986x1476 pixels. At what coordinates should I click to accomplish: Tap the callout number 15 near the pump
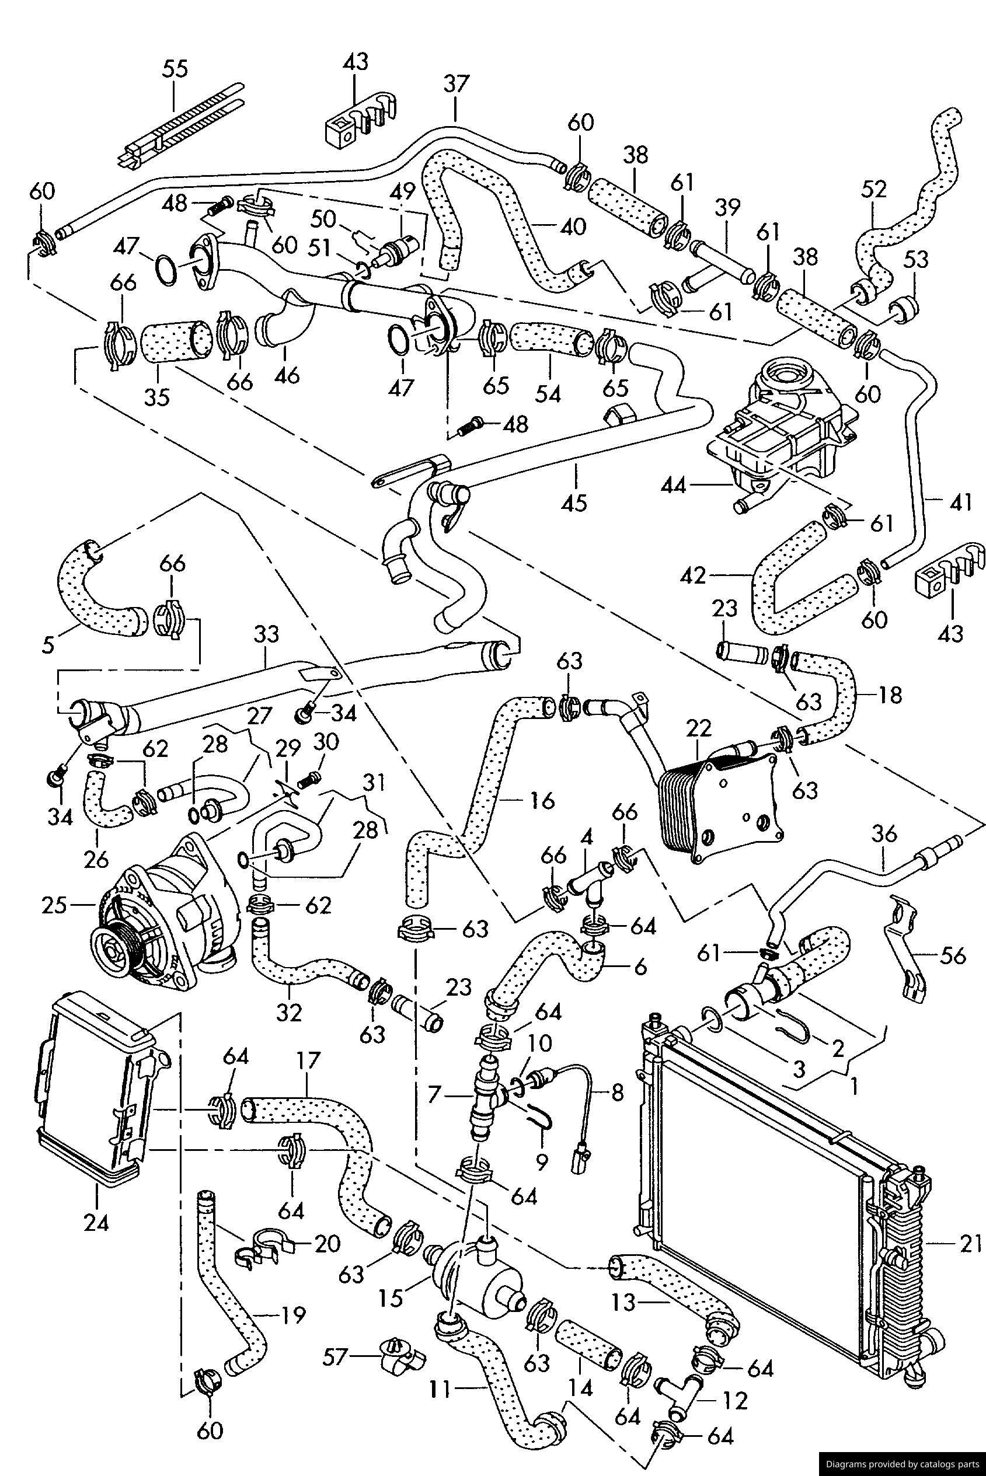tap(391, 1297)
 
